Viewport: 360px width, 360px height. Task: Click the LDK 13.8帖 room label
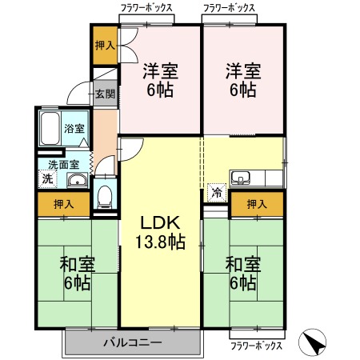point(160,232)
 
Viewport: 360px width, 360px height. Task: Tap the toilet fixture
point(105,197)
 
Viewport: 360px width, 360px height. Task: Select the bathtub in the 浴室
point(50,129)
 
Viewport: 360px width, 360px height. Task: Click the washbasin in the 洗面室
point(78,180)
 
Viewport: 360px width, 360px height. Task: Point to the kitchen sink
point(241,178)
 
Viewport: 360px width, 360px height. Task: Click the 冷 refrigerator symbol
point(217,192)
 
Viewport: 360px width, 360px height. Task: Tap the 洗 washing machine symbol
point(47,178)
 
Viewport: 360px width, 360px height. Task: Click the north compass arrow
point(312,342)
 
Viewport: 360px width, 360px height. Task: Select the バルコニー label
point(133,342)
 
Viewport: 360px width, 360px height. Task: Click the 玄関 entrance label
point(105,94)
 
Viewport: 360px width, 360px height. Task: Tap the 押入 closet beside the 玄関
point(105,46)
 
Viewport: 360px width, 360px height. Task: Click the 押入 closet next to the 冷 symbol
point(257,204)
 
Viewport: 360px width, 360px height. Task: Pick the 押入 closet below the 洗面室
point(64,204)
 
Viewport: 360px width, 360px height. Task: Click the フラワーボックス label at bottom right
point(256,346)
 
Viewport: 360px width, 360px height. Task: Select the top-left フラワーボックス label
point(146,8)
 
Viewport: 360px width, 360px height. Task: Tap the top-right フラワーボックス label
point(229,8)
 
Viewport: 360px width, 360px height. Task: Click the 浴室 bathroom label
point(74,129)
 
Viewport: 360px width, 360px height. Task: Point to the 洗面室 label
point(64,165)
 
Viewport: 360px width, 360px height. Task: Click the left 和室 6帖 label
point(77,274)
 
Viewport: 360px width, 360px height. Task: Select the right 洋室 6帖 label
point(243,80)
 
